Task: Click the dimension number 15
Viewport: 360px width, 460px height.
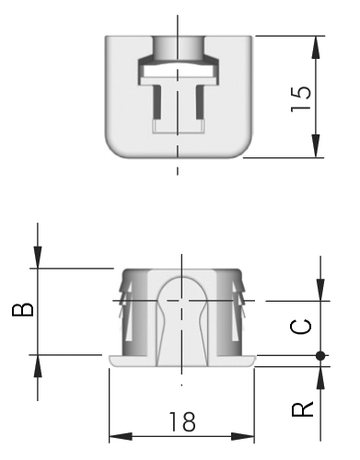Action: (301, 98)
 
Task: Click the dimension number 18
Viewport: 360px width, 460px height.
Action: (182, 421)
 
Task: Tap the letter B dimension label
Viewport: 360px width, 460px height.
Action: (22, 309)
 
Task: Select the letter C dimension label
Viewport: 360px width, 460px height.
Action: (301, 327)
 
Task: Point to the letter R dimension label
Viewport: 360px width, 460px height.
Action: (302, 408)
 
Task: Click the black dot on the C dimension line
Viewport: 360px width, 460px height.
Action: (320, 356)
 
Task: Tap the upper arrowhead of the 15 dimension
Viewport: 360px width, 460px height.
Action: (316, 47)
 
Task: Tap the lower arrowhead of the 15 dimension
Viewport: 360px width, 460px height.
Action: (316, 146)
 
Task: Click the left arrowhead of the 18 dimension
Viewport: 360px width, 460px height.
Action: (121, 436)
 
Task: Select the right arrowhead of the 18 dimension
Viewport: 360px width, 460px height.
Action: (242, 436)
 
